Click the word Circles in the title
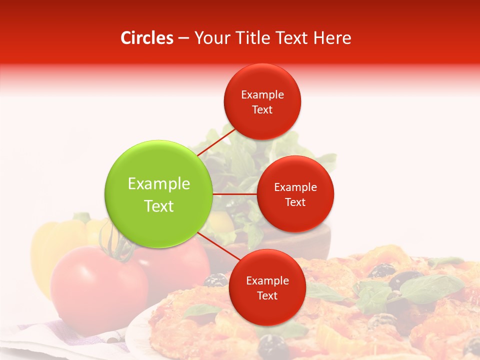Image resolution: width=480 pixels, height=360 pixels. pyautogui.click(x=146, y=38)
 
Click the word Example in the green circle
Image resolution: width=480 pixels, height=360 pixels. pyautogui.click(x=159, y=184)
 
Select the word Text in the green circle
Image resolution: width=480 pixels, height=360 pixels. pyautogui.click(x=159, y=206)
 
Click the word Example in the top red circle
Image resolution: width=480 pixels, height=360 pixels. pyautogui.click(x=262, y=95)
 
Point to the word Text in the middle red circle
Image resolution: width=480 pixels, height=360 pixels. pyautogui.click(x=295, y=202)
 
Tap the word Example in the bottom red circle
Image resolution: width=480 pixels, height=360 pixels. pyautogui.click(x=267, y=281)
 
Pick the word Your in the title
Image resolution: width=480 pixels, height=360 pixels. pyautogui.click(x=207, y=38)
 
